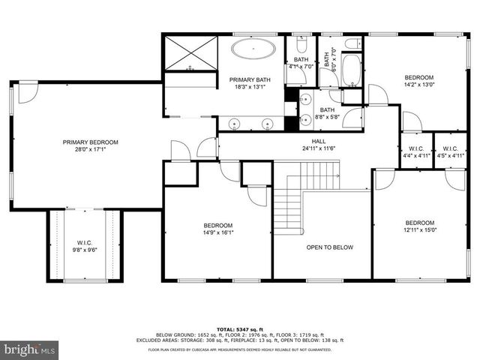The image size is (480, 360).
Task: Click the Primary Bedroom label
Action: tap(90, 142)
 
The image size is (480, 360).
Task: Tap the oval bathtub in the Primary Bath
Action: tap(253, 49)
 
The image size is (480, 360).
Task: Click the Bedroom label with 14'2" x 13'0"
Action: tap(419, 77)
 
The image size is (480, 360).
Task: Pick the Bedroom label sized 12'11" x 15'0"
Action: tap(419, 223)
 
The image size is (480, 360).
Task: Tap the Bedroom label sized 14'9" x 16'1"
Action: tap(218, 226)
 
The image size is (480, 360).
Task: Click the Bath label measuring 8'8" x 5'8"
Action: tap(327, 110)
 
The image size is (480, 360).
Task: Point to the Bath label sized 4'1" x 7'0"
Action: tap(301, 59)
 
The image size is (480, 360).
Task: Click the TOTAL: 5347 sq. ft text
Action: tap(239, 328)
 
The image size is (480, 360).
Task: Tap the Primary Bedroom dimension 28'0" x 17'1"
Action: tap(90, 149)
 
